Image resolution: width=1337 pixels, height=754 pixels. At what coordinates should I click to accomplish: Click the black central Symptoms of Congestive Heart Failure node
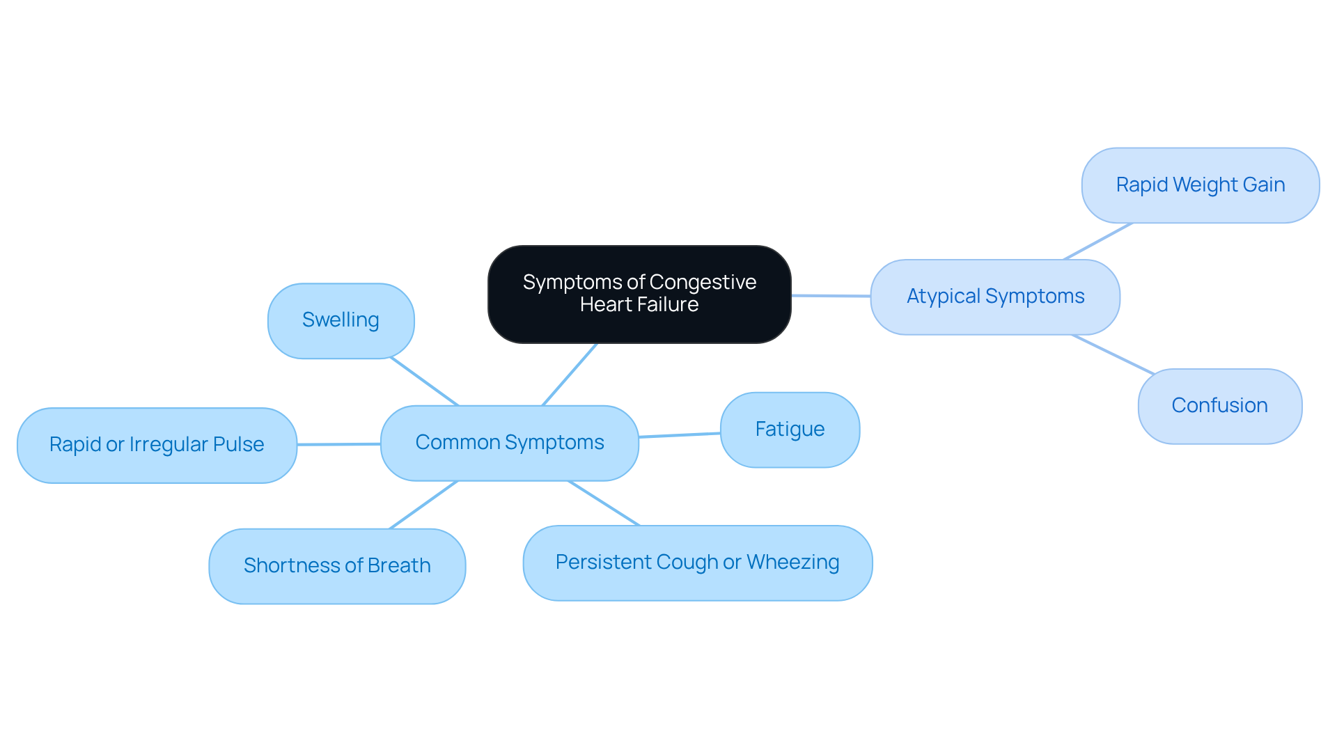click(x=639, y=294)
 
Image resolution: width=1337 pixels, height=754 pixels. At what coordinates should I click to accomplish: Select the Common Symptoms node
click(x=509, y=443)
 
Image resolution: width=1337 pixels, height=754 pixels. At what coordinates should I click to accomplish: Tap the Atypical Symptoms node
click(x=995, y=297)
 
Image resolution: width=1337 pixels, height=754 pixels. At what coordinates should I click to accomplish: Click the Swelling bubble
click(x=341, y=320)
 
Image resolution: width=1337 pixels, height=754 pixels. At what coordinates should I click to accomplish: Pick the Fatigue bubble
click(x=790, y=430)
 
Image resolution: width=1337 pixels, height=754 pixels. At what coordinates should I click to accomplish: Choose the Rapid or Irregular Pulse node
click(x=157, y=445)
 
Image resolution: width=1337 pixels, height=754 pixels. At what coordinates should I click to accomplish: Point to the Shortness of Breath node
click(x=337, y=565)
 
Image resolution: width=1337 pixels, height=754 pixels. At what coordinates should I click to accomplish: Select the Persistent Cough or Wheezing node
click(x=697, y=563)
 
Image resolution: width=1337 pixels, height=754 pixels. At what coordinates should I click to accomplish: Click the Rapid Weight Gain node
click(x=1200, y=185)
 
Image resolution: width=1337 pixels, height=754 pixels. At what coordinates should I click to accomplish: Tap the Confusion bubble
click(x=1219, y=406)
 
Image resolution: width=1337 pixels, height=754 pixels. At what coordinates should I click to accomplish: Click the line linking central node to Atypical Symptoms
click(x=831, y=296)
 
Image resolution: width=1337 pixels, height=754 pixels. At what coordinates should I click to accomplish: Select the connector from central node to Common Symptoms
click(x=570, y=374)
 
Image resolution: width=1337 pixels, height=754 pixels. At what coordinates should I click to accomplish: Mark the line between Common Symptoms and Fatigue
click(x=680, y=435)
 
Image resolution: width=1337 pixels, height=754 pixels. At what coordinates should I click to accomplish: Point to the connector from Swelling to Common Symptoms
click(x=424, y=381)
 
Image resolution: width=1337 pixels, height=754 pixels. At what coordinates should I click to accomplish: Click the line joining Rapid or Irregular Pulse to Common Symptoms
click(x=338, y=444)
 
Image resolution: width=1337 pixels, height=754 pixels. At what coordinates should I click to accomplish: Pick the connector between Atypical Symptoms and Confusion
click(x=1113, y=354)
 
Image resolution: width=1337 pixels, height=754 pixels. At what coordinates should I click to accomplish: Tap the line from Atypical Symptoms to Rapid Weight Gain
click(x=1098, y=241)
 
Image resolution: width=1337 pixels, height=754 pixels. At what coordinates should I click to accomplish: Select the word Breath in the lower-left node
click(x=399, y=565)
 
